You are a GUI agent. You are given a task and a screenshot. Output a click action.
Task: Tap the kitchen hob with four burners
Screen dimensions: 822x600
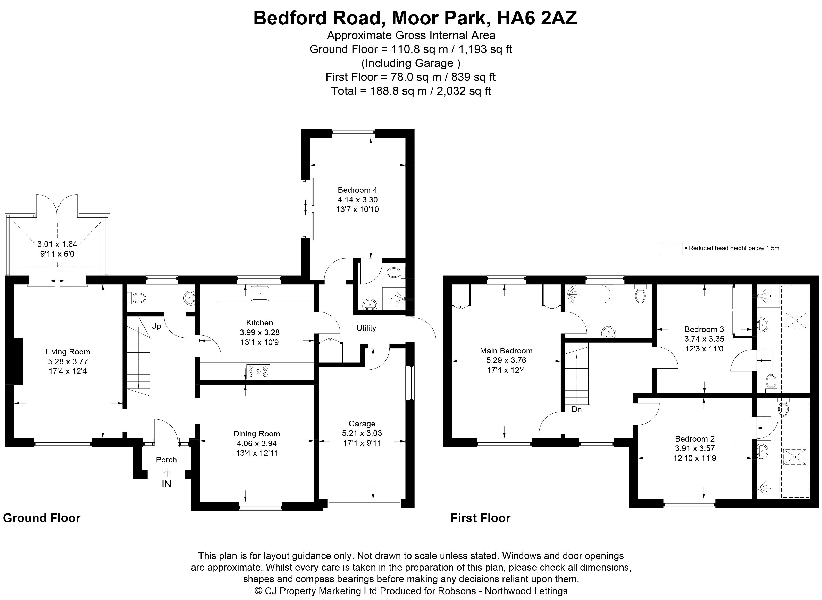tap(258, 371)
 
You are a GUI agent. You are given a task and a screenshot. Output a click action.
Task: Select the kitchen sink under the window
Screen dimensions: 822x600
tap(260, 293)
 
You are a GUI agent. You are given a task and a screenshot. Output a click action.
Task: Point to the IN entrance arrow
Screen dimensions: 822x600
tap(166, 472)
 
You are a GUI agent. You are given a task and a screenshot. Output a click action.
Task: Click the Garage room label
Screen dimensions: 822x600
tap(362, 424)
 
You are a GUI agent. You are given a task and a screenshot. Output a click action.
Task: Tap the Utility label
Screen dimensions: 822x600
tap(366, 328)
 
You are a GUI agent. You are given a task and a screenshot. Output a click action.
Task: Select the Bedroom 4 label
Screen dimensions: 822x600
tap(357, 190)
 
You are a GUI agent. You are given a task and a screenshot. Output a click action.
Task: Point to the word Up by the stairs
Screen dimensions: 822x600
tap(156, 326)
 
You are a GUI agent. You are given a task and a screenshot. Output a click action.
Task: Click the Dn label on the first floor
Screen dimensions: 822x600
tap(577, 409)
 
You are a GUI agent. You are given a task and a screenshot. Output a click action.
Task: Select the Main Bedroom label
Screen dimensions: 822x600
tap(506, 350)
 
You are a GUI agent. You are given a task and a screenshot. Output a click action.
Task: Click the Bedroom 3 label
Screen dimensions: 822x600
tap(704, 329)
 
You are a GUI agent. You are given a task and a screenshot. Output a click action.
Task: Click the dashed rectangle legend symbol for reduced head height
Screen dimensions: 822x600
tap(672, 248)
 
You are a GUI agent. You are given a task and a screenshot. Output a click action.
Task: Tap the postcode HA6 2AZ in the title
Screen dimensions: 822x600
tap(537, 18)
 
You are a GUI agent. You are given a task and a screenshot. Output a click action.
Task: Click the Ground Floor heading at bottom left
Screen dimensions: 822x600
tap(42, 518)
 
